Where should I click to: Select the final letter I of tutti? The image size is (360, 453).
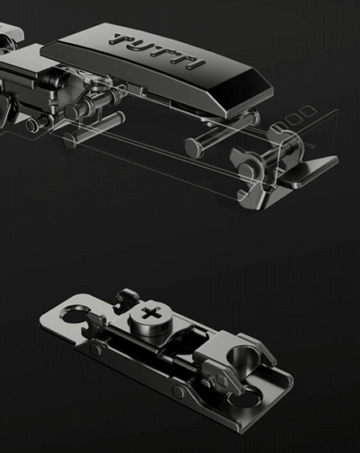[196, 64]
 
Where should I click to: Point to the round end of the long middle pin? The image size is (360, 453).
[194, 147]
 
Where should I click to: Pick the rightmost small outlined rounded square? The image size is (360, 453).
[308, 110]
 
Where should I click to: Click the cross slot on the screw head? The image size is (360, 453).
[150, 313]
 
